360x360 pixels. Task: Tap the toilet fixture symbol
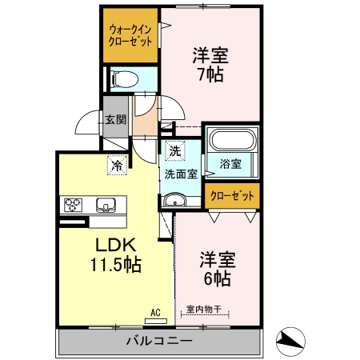tap(125, 79)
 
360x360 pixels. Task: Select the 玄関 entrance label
tap(114, 120)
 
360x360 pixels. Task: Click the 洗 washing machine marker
tap(174, 150)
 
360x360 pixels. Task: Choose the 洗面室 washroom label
tap(182, 174)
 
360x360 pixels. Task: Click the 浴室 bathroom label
tap(230, 164)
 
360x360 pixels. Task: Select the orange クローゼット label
tap(232, 194)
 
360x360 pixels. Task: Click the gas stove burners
tap(71, 203)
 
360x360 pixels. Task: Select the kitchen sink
tap(106, 203)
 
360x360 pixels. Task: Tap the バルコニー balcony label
tap(158, 342)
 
